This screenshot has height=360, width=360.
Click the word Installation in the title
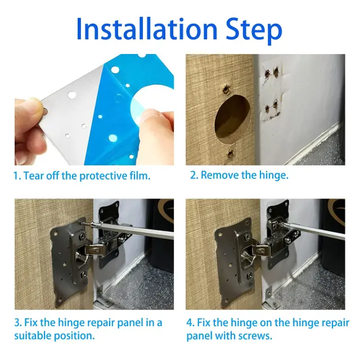[x=147, y=29]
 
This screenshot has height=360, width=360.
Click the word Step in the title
[x=254, y=31]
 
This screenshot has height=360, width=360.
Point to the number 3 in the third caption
[x=17, y=322]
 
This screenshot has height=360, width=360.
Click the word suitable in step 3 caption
[x=33, y=336]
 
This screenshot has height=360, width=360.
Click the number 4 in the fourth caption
[x=190, y=322]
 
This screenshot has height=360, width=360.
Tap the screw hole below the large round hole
[x=230, y=154]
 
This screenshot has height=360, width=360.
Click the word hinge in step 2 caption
[x=273, y=175]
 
